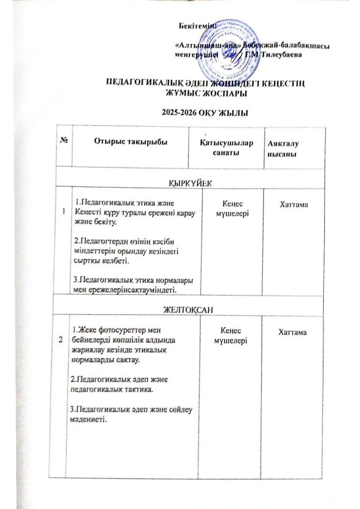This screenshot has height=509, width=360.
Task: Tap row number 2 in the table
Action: coord(61,340)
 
